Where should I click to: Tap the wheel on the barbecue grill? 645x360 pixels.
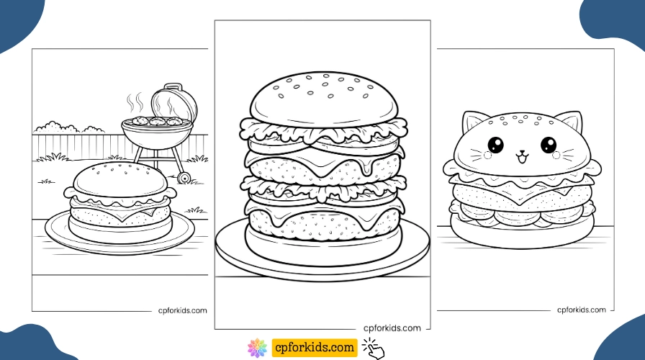(x=184, y=178)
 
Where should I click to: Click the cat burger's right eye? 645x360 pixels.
(x=549, y=145)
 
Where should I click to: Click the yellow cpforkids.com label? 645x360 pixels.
(x=315, y=348)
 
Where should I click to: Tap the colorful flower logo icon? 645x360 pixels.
(x=257, y=348)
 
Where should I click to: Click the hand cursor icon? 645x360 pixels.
(x=374, y=348)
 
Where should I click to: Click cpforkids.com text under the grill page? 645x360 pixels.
(x=182, y=311)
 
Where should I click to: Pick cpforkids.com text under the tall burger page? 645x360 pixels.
(x=392, y=328)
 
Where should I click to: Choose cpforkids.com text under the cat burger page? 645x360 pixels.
(x=581, y=310)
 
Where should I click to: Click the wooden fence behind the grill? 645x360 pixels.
(x=79, y=144)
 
